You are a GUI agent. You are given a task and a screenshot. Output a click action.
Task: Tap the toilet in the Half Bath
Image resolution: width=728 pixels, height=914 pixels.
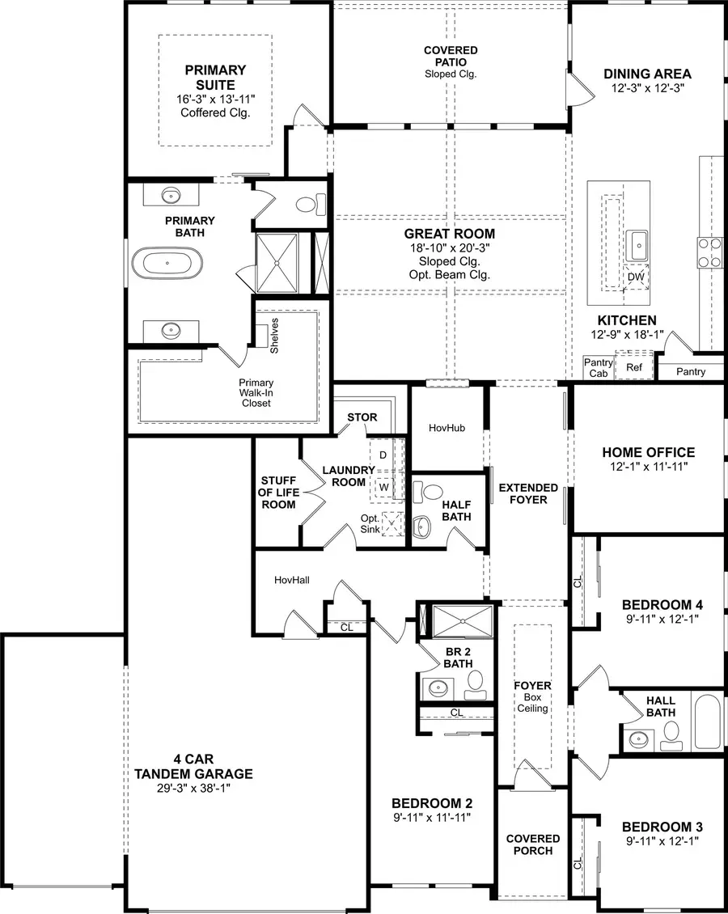tap(432, 492)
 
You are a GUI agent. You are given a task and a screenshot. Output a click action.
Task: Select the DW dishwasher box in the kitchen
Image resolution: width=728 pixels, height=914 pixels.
tap(636, 277)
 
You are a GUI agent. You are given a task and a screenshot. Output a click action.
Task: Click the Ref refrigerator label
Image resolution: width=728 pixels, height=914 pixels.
tap(634, 366)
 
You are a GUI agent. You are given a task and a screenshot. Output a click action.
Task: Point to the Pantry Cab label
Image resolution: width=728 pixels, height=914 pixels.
tap(599, 368)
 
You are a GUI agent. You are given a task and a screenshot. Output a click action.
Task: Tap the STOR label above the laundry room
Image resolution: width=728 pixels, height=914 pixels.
tap(362, 417)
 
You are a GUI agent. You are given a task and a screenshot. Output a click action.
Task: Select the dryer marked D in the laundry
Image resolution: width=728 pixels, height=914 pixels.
tap(383, 455)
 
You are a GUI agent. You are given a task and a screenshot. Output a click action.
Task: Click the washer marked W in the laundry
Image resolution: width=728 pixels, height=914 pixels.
tap(383, 488)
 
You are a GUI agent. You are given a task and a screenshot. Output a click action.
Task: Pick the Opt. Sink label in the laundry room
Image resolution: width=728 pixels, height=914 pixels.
tap(370, 523)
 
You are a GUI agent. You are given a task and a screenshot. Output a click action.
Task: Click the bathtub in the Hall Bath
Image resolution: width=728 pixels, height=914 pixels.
tap(706, 721)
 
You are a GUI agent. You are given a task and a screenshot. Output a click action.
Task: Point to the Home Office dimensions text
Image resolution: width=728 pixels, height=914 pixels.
tap(648, 467)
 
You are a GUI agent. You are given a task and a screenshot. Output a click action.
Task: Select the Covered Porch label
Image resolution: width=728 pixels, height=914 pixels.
tap(533, 844)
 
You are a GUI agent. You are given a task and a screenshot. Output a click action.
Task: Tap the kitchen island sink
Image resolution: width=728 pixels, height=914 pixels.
tap(639, 241)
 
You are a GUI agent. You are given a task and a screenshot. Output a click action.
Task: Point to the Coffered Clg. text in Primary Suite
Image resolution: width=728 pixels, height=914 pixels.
tap(215, 112)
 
